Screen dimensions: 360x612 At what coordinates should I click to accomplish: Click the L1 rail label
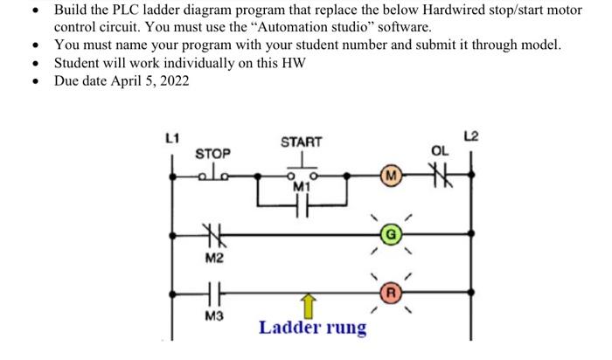point(172,136)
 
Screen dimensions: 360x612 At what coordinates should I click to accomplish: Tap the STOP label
point(212,153)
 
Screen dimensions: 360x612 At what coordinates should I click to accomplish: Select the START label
point(301,142)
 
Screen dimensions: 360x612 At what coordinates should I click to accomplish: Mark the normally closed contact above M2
point(212,233)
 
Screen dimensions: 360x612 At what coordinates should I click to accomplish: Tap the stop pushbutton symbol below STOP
point(212,174)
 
